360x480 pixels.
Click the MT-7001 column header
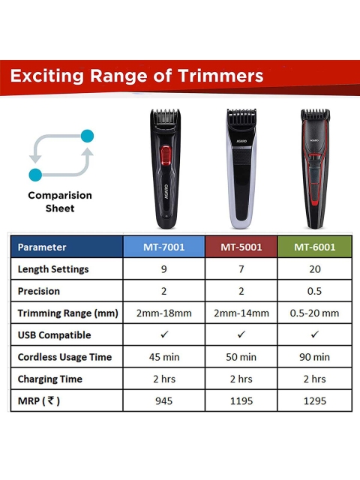pyautogui.click(x=163, y=247)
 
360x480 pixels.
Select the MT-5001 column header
pyautogui.click(x=241, y=247)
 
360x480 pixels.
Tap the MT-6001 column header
pyautogui.click(x=315, y=247)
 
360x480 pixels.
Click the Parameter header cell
pyautogui.click(x=67, y=247)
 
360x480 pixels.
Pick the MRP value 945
pyautogui.click(x=163, y=400)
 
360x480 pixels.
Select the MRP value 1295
pyautogui.click(x=315, y=400)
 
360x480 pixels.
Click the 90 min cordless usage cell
pyautogui.click(x=314, y=357)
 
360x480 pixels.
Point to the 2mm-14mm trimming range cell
pyautogui.click(x=241, y=313)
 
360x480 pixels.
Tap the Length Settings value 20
pyautogui.click(x=315, y=269)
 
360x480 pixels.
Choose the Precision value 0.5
pyautogui.click(x=314, y=291)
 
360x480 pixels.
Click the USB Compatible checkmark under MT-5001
pyautogui.click(x=241, y=334)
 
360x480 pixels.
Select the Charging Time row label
pyautogui.click(x=50, y=379)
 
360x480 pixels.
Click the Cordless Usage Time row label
pyautogui.click(x=64, y=357)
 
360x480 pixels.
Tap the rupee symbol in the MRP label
pyautogui.click(x=51, y=400)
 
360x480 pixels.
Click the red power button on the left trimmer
pyautogui.click(x=166, y=155)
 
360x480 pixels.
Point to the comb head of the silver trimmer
pyautogui.click(x=241, y=115)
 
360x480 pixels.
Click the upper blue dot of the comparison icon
pyautogui.click(x=87, y=136)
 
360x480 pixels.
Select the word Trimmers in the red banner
pyautogui.click(x=220, y=76)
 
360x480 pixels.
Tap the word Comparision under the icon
pyautogui.click(x=60, y=195)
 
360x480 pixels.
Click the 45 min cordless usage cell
pyautogui.click(x=164, y=357)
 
